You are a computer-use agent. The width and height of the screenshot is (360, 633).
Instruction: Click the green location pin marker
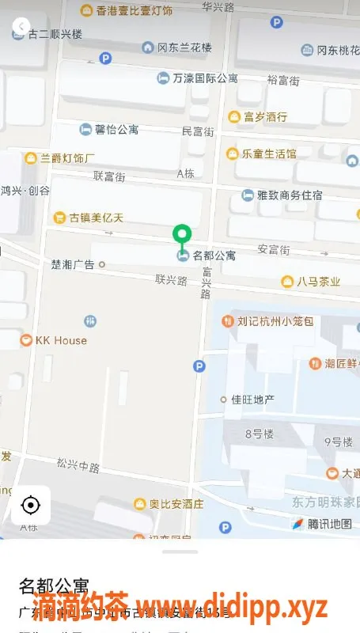183,234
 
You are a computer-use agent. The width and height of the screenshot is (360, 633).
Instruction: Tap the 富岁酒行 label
264,117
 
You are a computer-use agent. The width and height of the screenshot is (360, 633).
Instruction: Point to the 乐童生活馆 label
268,154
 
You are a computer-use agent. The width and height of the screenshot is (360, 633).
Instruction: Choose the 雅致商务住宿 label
290,195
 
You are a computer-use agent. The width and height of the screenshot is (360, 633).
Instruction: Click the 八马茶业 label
318,282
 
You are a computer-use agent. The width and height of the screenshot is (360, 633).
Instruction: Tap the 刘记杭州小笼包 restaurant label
275,321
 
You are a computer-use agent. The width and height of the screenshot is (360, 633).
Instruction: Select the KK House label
60,340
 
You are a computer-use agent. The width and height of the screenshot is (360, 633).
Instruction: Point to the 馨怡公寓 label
116,129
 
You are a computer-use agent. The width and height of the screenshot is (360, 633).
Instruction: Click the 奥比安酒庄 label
176,503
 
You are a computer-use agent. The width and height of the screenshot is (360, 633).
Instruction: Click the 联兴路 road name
171,279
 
